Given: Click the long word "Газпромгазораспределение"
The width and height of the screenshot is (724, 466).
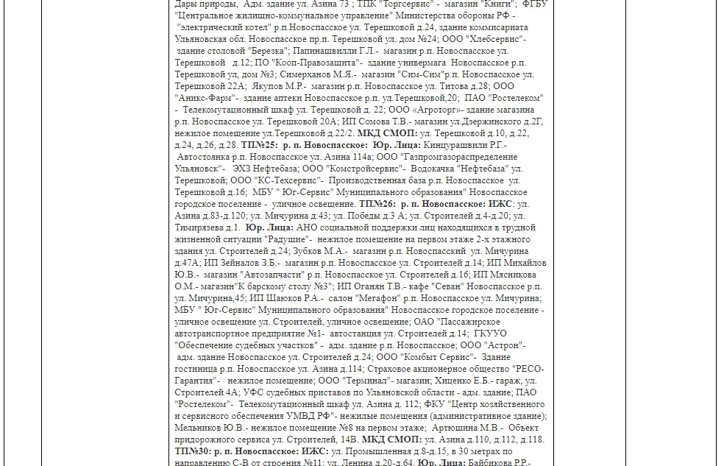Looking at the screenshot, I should pos(457,157).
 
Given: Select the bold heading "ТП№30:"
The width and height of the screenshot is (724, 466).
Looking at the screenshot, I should pos(194,451).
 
